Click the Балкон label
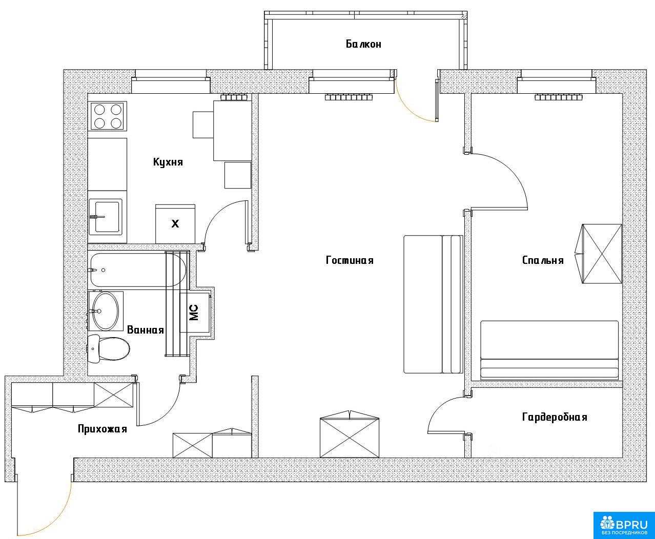click(363, 44)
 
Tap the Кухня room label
click(168, 162)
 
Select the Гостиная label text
click(350, 260)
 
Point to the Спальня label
click(543, 260)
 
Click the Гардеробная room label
click(555, 417)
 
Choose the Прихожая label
click(103, 429)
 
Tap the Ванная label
click(146, 330)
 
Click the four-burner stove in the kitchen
click(108, 116)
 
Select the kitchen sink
click(106, 217)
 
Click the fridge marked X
click(175, 224)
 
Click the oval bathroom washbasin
click(106, 311)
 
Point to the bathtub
click(138, 270)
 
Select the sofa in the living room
click(433, 304)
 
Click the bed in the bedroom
click(549, 350)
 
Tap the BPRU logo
click(624, 525)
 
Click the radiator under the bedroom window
click(559, 97)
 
